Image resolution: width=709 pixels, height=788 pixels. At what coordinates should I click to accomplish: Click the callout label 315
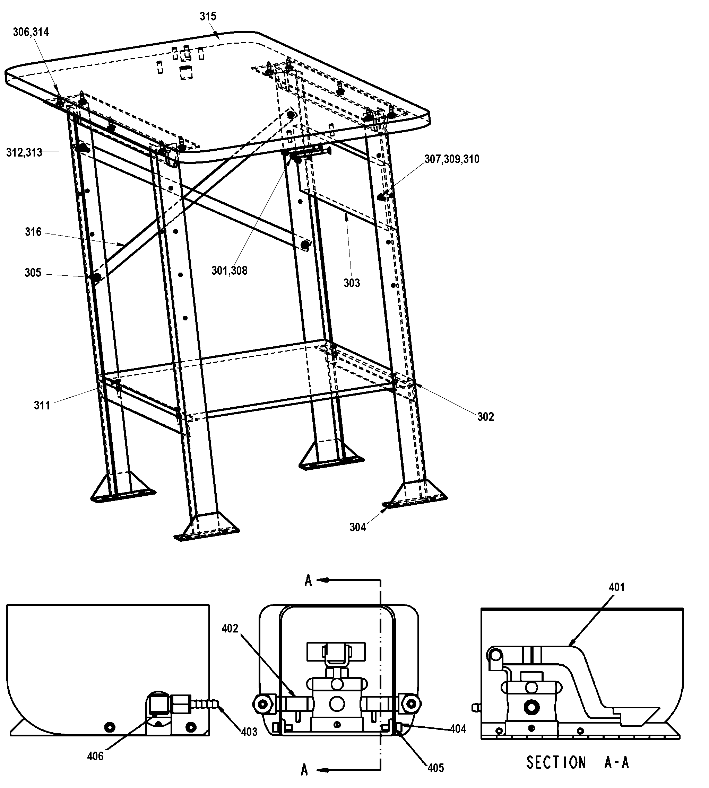208,16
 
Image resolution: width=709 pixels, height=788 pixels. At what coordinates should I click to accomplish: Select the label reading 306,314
31,32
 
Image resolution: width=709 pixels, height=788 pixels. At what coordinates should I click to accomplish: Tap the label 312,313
24,152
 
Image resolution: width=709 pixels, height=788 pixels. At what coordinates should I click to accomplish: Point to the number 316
33,232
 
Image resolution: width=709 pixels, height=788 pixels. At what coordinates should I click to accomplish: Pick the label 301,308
229,271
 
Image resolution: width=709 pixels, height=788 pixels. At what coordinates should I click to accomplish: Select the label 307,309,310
451,159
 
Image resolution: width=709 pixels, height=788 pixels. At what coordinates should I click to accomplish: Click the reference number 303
352,283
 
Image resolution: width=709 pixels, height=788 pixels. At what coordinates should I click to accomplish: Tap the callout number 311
42,406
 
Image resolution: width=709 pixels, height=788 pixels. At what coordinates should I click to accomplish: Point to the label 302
485,417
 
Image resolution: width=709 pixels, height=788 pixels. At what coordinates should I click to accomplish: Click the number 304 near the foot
357,527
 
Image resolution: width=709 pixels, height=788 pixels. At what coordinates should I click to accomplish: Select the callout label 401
617,587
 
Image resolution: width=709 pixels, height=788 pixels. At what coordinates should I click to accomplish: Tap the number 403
249,732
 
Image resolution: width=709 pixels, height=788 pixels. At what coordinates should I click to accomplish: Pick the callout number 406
95,756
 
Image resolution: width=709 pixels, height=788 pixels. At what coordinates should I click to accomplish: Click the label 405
435,768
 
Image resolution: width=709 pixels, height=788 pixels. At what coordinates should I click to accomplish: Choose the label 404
458,729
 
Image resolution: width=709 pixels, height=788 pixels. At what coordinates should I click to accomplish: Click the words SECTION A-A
577,762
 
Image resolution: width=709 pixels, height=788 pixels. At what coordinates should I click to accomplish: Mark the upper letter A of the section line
308,581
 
